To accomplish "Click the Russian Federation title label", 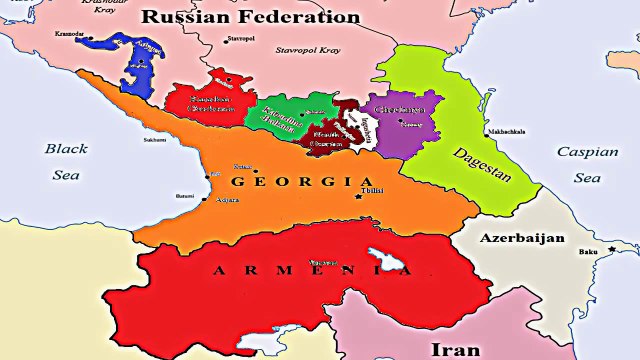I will click(250, 16).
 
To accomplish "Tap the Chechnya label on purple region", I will click(395, 109).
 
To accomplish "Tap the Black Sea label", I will click(65, 159).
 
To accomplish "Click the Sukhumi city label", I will click(154, 140).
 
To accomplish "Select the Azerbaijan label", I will click(521, 240).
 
